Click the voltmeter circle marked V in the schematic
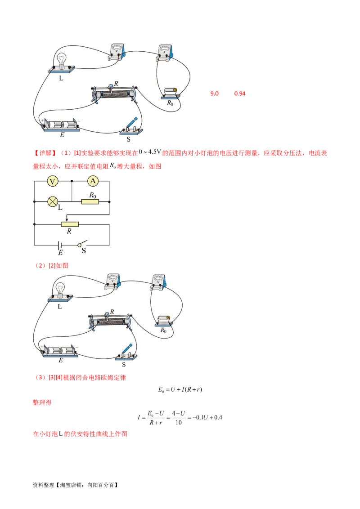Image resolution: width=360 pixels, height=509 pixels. [53, 181]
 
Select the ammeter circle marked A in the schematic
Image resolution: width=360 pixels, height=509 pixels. [93, 181]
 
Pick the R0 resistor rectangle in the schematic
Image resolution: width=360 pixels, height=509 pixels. [90, 202]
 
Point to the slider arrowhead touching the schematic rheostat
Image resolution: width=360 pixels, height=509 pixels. [67, 220]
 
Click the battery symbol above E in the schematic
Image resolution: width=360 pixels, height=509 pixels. [59, 245]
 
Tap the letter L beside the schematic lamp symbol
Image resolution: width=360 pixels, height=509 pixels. [60, 207]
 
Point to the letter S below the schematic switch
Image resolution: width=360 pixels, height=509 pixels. [84, 251]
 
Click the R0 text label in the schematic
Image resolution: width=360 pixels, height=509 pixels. [92, 195]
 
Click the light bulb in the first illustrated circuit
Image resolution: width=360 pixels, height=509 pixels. [62, 60]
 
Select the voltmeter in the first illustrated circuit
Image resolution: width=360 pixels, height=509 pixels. [118, 52]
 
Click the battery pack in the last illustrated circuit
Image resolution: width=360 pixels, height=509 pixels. [60, 350]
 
